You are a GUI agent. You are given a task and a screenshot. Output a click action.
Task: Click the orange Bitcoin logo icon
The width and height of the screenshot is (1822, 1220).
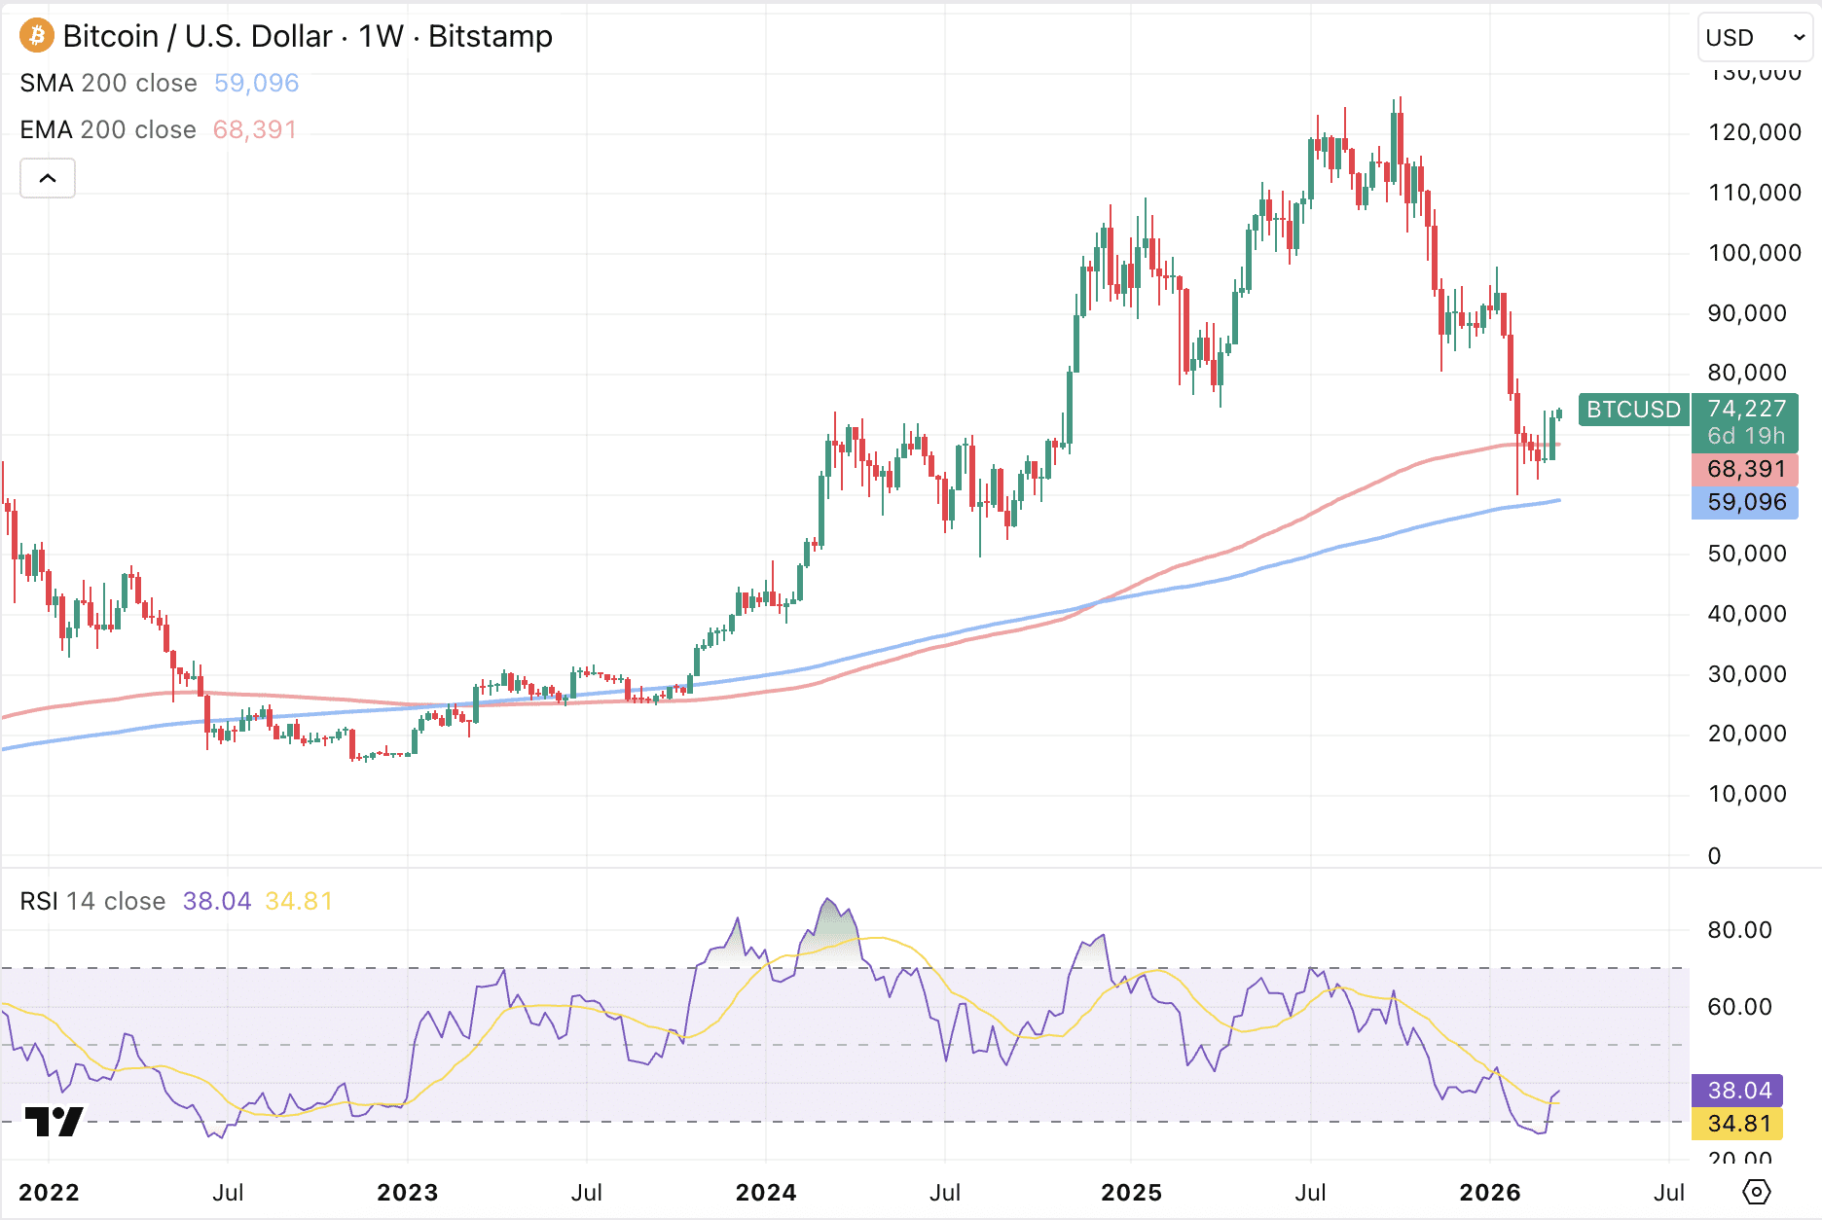37,36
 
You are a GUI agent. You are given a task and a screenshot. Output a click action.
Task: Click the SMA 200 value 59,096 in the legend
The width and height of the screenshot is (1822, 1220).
256,84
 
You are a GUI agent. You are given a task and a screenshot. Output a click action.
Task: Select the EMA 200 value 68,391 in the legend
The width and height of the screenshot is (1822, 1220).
254,130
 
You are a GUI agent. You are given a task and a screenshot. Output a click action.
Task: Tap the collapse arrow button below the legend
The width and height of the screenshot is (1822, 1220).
48,178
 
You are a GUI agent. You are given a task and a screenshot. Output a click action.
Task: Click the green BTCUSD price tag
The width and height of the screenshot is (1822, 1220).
1633,410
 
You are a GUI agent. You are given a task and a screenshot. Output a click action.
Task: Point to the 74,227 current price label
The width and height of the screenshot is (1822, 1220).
1746,409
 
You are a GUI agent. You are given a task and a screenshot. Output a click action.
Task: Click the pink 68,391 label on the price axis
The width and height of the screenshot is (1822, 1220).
1746,469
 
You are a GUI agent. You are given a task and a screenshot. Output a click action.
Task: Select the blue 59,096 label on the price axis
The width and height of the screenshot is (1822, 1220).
1746,502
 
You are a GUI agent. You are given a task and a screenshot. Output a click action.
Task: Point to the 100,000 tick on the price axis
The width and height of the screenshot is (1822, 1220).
1754,253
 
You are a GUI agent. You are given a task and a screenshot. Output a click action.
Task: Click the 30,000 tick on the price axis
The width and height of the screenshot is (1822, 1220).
1747,674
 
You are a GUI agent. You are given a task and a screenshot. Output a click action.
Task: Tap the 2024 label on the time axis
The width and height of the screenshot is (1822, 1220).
766,1193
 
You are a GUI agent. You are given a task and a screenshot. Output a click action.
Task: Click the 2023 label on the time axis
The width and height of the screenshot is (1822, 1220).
407,1193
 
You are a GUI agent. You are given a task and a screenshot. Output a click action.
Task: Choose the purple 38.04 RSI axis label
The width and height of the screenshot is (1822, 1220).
1739,1091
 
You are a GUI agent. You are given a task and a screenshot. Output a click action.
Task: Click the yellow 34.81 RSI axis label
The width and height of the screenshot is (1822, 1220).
1739,1124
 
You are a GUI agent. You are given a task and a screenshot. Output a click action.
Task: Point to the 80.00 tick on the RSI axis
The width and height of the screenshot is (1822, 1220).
1739,930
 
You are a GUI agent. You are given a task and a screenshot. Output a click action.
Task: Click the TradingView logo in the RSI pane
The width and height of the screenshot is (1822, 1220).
54,1122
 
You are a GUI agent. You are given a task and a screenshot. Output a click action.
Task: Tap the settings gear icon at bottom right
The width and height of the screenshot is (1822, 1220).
1757,1192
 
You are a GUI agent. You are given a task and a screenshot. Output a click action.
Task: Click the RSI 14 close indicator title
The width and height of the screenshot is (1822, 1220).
92,902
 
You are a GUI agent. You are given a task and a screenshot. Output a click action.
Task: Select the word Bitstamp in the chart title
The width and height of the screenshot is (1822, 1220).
491,37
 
